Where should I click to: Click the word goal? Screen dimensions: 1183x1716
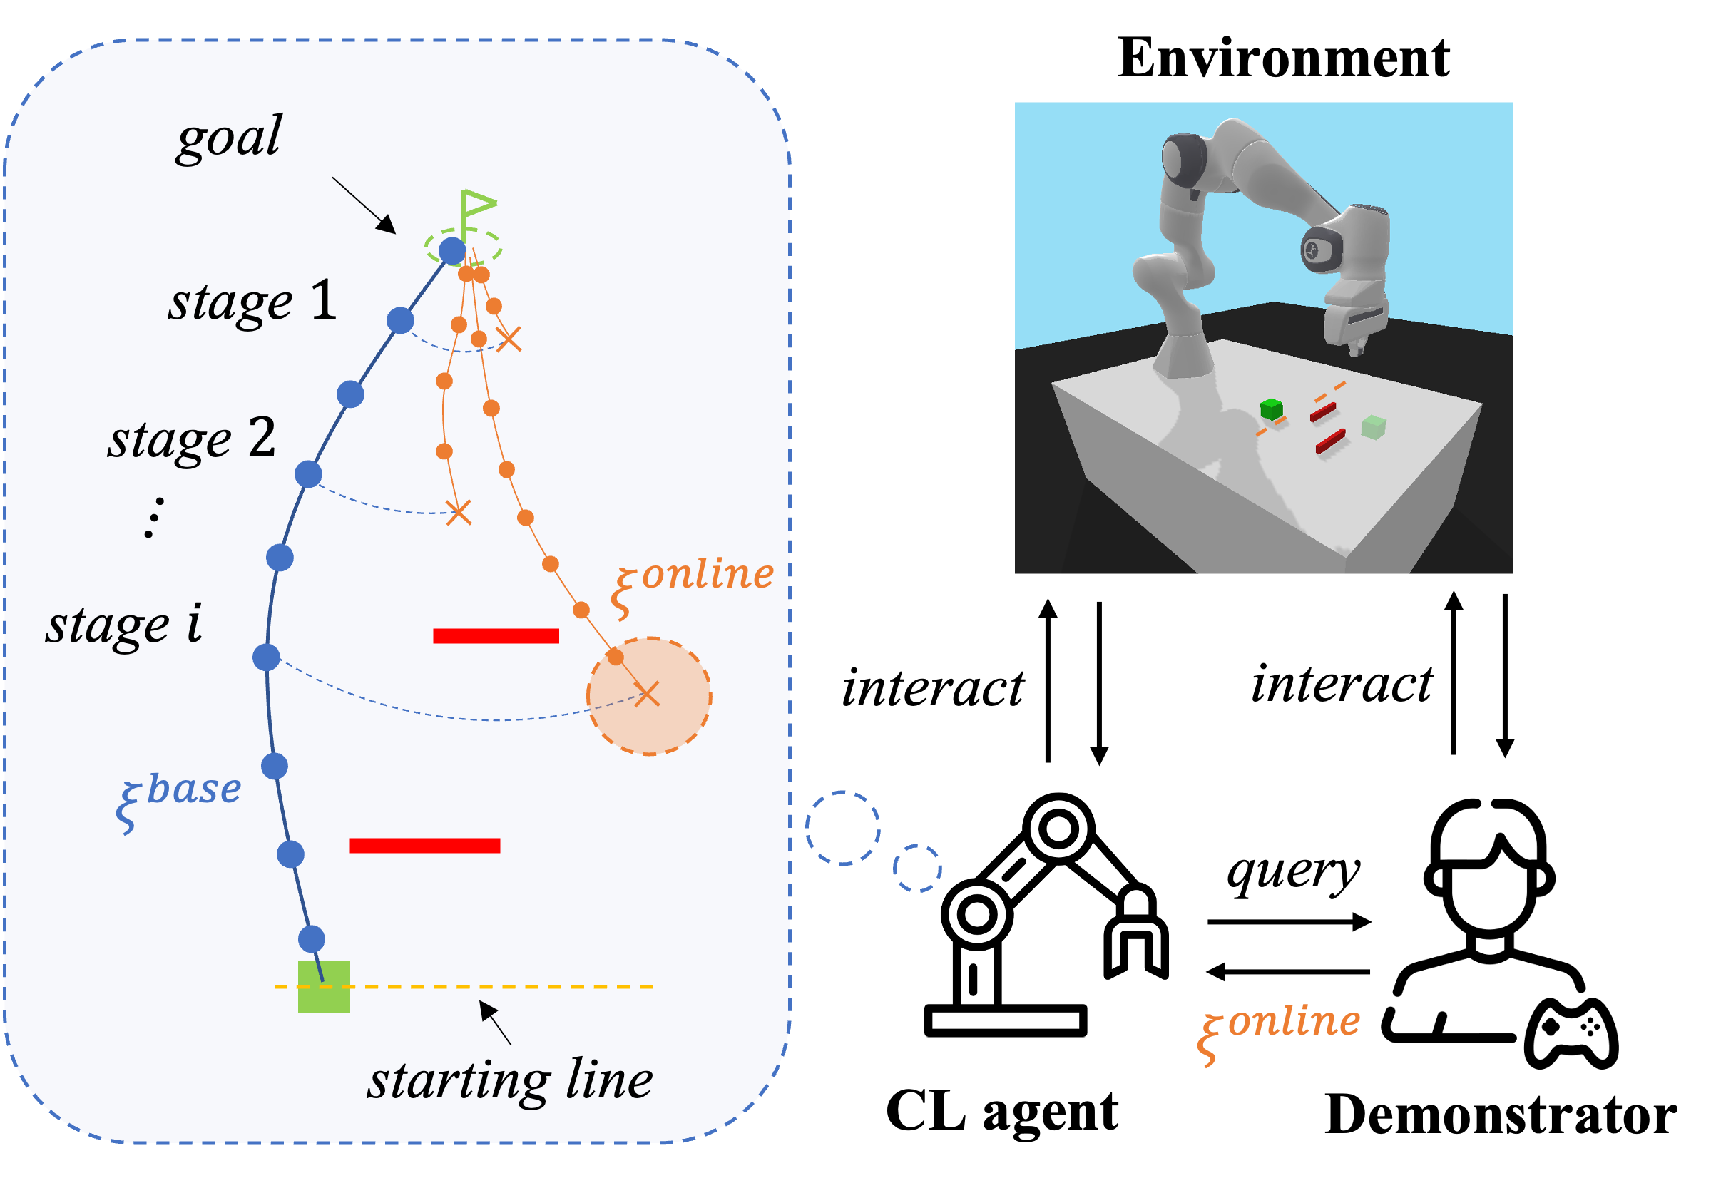(x=229, y=137)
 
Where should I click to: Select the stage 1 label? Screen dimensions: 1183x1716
(x=252, y=302)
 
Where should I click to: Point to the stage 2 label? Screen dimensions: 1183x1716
(x=192, y=438)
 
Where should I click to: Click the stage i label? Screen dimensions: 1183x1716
(x=124, y=625)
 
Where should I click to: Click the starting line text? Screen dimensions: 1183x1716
(x=510, y=1081)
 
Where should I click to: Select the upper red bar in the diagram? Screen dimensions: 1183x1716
(x=495, y=635)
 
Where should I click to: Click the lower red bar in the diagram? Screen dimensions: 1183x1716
(x=425, y=845)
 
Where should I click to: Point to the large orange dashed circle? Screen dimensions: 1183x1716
(x=649, y=696)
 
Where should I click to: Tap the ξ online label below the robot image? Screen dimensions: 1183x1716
(x=1280, y=1031)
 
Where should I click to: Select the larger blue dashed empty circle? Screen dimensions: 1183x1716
(x=843, y=828)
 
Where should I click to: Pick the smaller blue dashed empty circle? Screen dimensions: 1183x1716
(x=917, y=868)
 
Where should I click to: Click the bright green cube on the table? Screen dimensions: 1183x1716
(x=1271, y=409)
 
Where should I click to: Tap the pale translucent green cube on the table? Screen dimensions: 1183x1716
(x=1374, y=426)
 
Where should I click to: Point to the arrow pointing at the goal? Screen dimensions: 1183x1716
(x=364, y=205)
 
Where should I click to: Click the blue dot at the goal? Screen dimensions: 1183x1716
(x=452, y=250)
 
